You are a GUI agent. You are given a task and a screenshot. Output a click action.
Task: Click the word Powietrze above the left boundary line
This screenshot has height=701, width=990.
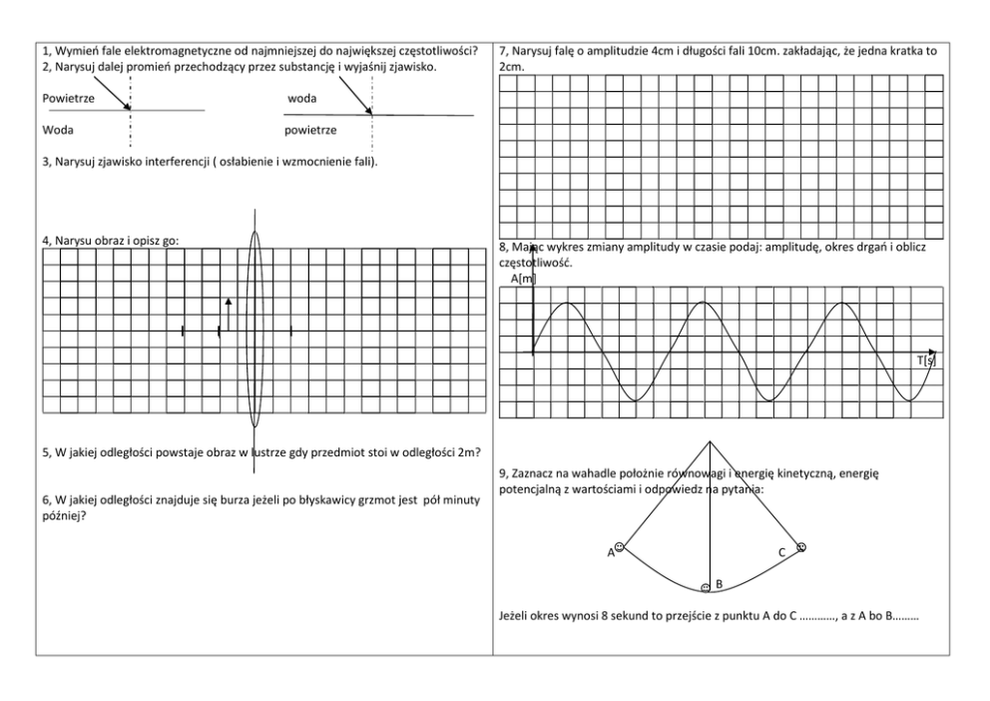[68, 99]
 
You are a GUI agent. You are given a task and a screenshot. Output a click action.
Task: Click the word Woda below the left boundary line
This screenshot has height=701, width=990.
[58, 130]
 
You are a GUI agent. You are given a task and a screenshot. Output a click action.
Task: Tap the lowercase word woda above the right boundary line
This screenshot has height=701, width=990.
[302, 99]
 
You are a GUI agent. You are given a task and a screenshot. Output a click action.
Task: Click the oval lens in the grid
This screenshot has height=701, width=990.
[254, 330]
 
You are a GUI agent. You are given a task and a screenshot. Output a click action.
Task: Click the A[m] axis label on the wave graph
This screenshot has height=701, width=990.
[523, 279]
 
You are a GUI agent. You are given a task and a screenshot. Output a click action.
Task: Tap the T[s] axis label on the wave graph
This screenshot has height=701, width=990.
[927, 359]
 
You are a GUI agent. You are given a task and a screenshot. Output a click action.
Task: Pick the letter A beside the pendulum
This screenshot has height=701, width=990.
[610, 552]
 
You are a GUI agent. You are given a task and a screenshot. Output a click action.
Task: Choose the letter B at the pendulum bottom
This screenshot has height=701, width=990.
[719, 582]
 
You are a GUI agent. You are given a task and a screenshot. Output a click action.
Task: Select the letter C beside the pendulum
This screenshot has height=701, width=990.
[782, 552]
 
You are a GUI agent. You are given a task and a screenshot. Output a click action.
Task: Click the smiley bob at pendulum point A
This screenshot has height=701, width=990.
[620, 546]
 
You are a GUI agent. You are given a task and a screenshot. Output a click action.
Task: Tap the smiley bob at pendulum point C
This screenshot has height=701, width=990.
[799, 547]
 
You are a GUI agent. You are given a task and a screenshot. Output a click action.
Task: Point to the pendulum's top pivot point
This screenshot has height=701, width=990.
[709, 441]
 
